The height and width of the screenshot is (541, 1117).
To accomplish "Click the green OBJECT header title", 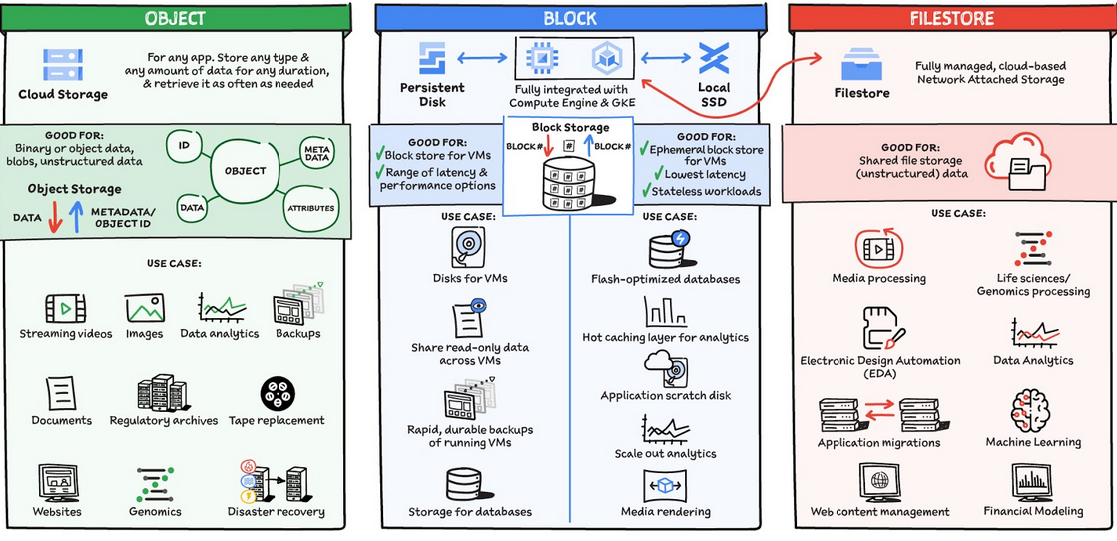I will pyautogui.click(x=175, y=18).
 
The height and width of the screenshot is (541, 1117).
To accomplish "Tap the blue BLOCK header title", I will pyautogui.click(x=570, y=18).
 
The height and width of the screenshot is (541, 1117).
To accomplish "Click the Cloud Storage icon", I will pyautogui.click(x=63, y=65).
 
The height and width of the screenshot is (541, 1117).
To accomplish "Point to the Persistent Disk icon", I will pyautogui.click(x=432, y=59).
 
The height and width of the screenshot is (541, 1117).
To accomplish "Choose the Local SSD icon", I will pyautogui.click(x=713, y=59).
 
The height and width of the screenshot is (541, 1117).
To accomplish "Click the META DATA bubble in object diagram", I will pyautogui.click(x=315, y=153).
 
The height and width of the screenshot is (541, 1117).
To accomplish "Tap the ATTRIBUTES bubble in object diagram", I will pyautogui.click(x=310, y=208).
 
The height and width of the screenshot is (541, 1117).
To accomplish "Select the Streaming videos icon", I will pyautogui.click(x=66, y=307).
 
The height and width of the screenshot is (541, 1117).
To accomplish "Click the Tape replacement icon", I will pyautogui.click(x=277, y=394).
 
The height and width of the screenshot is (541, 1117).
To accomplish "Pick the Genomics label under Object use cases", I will pyautogui.click(x=155, y=512).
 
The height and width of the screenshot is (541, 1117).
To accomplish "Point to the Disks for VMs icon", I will pyautogui.click(x=469, y=246).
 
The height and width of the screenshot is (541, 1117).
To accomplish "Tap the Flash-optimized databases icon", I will pyautogui.click(x=666, y=250).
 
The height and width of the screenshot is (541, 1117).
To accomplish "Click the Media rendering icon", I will pyautogui.click(x=665, y=486).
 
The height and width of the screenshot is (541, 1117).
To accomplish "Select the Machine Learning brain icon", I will pyautogui.click(x=1032, y=410).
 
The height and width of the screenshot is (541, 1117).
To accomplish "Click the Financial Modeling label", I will pyautogui.click(x=1033, y=511).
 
